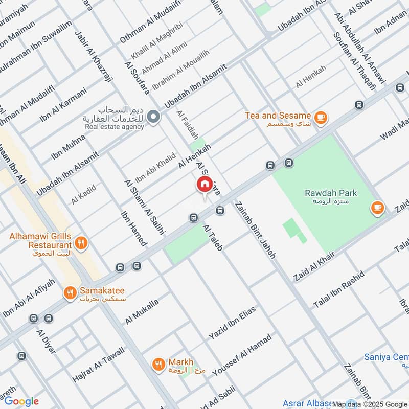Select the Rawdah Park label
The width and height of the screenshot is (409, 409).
(331, 193)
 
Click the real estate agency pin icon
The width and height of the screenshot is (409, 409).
(153, 118)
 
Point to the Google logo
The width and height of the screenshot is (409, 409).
(21, 401)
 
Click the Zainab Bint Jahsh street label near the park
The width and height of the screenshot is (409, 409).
(256, 230)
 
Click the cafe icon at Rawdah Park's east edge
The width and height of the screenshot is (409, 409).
(377, 208)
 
